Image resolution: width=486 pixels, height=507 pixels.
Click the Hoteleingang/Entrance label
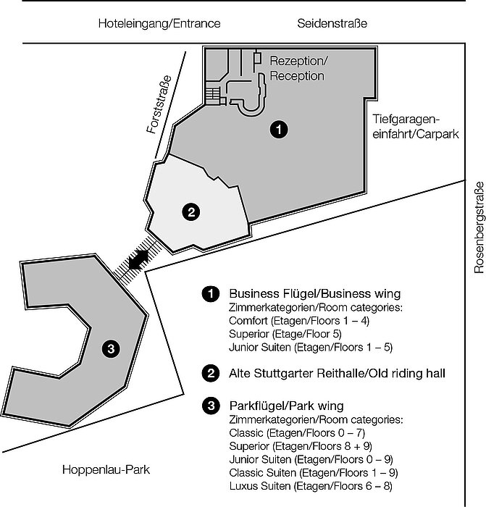tap(159, 24)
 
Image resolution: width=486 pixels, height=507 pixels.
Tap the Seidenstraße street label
tap(332, 24)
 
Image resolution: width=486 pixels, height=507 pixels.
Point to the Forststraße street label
tap(159, 105)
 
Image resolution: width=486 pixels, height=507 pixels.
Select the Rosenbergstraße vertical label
tap(478, 230)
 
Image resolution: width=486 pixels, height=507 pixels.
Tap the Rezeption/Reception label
tap(297, 67)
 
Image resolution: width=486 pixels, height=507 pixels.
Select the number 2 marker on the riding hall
tap(190, 211)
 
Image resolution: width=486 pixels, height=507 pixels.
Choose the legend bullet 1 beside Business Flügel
tap(211, 294)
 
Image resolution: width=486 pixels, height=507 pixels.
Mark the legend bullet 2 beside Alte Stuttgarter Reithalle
tap(211, 374)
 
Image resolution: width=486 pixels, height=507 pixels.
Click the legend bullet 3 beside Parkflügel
tap(211, 406)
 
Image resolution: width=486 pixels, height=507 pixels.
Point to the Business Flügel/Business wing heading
tap(314, 294)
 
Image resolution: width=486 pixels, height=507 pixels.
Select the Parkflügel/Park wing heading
tap(286, 406)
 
